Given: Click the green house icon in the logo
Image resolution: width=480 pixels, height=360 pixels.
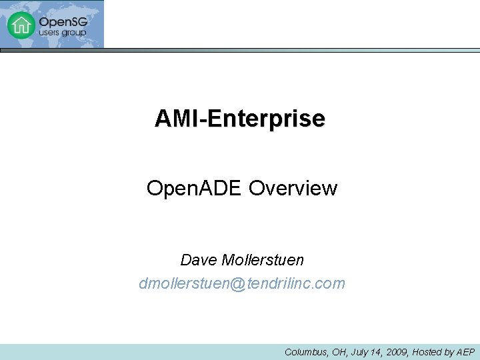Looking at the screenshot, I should point(21,25).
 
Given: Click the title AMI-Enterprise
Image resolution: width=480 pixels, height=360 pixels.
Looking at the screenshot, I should point(240,119).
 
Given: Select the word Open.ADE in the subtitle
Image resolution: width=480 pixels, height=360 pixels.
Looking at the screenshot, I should point(195,189).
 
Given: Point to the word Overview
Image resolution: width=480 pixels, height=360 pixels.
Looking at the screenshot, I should point(293,189).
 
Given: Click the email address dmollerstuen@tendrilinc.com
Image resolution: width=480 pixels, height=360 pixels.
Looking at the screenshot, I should point(242,283).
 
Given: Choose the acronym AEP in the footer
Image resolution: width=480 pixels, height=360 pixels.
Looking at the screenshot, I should point(465,352).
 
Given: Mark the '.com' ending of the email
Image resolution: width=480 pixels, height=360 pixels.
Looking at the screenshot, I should point(332,283).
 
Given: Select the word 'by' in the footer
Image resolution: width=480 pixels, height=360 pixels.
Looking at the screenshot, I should point(450,352).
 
